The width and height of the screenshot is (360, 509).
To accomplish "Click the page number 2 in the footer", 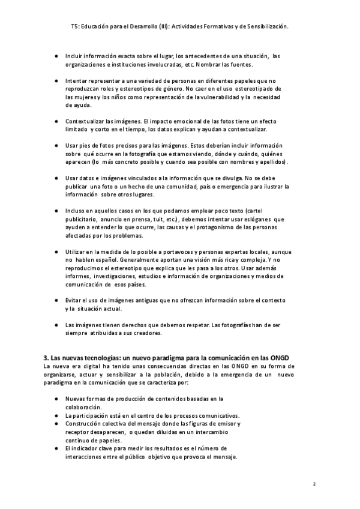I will [x=314, y=483].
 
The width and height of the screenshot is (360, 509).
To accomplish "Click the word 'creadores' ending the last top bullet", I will [x=144, y=333].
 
